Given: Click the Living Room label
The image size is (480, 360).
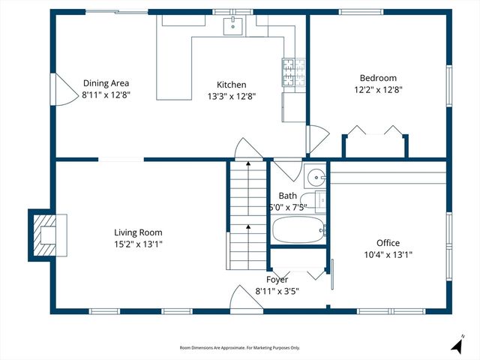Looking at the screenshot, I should (137, 232).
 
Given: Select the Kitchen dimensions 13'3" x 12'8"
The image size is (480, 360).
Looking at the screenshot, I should (231, 96).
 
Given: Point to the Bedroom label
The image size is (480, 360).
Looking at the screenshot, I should (378, 78).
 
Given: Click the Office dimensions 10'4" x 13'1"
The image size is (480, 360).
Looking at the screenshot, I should (388, 254).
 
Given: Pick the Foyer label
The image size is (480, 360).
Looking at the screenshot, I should (277, 280).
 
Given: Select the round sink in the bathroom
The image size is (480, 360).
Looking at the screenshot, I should (316, 178).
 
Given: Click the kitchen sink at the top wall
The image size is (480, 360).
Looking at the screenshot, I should (234, 27).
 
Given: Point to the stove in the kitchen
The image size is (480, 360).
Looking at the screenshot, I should (289, 71).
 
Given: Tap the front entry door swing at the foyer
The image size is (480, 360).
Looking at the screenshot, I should (241, 302).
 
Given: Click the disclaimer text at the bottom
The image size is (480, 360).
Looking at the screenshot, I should (239, 348).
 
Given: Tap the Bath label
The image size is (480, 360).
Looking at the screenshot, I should (288, 196).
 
